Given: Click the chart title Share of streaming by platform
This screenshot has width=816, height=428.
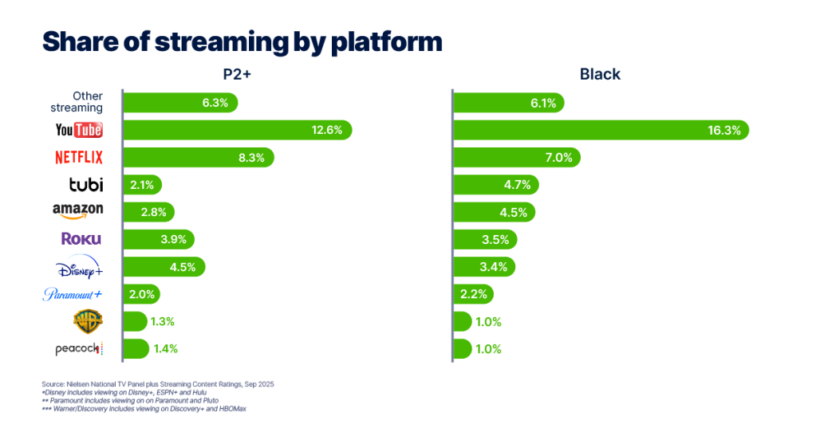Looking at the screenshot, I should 241,41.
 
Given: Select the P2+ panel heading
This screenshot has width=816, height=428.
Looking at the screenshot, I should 238,75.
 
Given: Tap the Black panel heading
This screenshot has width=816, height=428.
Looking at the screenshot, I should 600,75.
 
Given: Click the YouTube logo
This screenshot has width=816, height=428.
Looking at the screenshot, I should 79,130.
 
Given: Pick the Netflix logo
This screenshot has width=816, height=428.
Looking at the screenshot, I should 78,158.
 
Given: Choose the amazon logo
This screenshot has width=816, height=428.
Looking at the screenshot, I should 77,210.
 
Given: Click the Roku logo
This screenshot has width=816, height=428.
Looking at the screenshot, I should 81,239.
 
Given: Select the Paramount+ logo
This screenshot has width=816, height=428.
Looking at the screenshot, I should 73,294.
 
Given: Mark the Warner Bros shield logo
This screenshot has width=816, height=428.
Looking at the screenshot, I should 88,321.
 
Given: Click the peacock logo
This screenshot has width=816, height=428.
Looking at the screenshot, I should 78,348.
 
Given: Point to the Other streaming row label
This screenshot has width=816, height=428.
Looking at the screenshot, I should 77,102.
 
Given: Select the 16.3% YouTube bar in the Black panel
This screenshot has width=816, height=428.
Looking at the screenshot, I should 600,130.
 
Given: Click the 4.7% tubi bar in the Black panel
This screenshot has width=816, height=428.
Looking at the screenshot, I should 495,185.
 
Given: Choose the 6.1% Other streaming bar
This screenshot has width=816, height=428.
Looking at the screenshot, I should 508,103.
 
